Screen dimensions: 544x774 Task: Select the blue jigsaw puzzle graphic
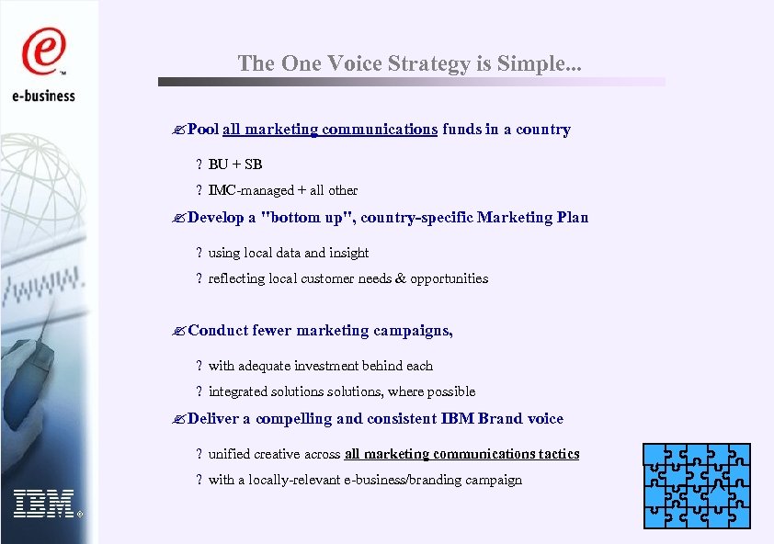(x=697, y=485)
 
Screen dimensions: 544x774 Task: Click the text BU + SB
(x=235, y=164)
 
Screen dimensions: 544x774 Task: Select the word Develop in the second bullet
(x=216, y=218)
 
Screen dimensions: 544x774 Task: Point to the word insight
(x=349, y=253)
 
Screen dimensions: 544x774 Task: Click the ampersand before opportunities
(x=400, y=278)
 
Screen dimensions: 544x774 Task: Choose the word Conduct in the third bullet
(x=218, y=331)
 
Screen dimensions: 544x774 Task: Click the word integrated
(x=238, y=391)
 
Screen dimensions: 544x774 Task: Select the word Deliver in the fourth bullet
(x=213, y=419)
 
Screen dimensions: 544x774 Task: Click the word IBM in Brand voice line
(x=458, y=419)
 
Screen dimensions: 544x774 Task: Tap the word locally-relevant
(x=285, y=480)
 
